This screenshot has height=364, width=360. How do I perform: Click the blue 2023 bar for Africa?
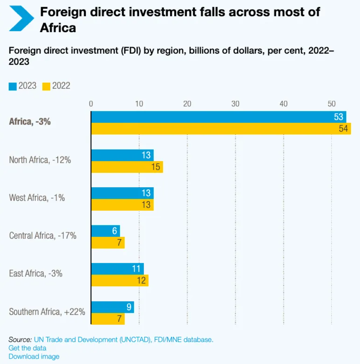click(218, 117)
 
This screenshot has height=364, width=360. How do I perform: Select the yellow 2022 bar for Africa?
click(221, 129)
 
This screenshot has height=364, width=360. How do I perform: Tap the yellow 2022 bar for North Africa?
click(127, 167)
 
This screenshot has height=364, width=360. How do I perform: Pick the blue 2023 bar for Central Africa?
click(106, 231)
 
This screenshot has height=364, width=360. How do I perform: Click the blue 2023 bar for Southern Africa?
click(112, 307)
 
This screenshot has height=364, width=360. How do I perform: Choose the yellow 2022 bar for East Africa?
click(120, 281)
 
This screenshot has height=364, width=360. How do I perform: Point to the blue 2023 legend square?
click(13, 86)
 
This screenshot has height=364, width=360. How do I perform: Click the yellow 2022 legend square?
click(46, 86)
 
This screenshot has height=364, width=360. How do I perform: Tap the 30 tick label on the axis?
click(235, 104)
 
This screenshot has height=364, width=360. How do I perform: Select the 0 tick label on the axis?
click(91, 104)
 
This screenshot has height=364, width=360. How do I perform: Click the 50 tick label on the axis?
click(332, 104)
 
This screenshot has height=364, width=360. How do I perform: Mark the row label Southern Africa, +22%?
click(47, 312)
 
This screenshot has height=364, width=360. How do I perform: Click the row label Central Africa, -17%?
click(43, 236)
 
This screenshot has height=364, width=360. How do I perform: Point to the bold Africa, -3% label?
click(30, 122)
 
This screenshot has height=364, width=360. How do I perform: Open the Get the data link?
click(27, 348)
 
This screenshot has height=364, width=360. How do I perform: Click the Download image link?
click(34, 357)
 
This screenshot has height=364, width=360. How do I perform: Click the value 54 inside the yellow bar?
click(343, 129)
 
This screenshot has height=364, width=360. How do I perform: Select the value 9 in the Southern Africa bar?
click(129, 307)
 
